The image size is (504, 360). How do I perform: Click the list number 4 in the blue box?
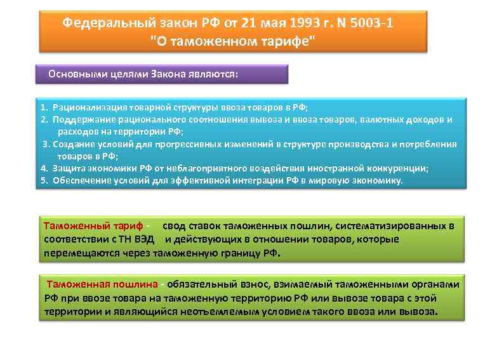[x=44, y=168]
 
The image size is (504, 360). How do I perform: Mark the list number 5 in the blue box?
[x=44, y=180]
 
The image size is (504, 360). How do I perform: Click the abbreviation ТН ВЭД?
[x=135, y=239]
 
